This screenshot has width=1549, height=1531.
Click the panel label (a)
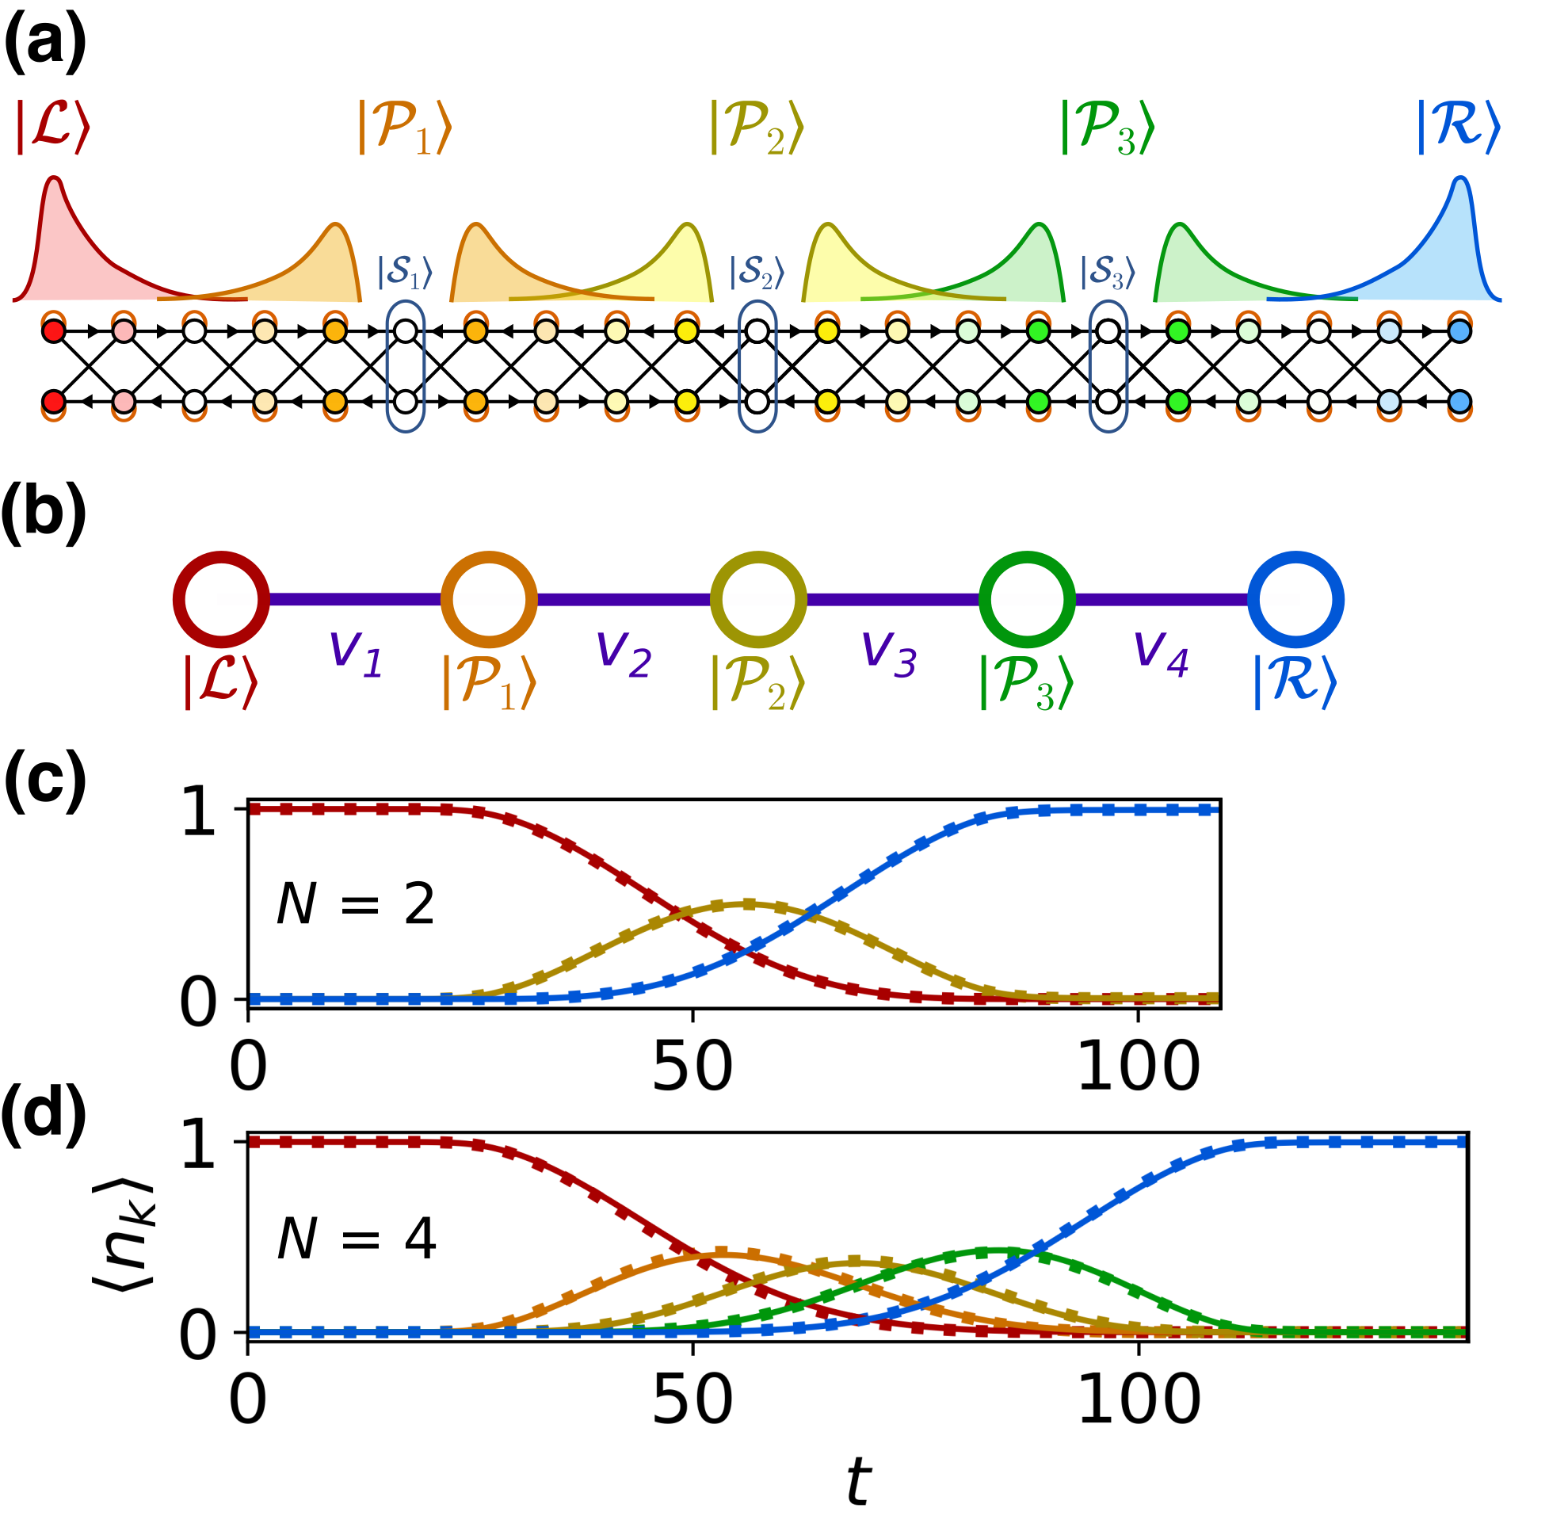(45, 43)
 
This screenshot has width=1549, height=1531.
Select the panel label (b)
(45, 514)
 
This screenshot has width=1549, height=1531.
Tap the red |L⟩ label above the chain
(53, 126)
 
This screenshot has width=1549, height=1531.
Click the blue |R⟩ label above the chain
(1458, 126)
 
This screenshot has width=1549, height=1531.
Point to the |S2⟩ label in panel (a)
(756, 273)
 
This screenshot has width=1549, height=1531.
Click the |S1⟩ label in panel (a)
(405, 273)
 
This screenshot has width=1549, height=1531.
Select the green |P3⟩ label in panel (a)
(1107, 128)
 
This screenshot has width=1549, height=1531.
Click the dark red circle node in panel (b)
(220, 599)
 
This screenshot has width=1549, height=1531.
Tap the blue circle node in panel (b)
(1295, 599)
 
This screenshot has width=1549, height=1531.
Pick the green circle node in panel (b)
(1027, 599)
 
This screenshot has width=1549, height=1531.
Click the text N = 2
(355, 905)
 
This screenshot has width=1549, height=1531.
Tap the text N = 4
(356, 1239)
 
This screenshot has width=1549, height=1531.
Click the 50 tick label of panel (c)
(692, 1067)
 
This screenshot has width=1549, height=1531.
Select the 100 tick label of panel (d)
(1139, 1400)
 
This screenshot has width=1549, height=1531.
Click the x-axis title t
(858, 1480)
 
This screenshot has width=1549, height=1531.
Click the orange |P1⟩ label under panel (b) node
(488, 683)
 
